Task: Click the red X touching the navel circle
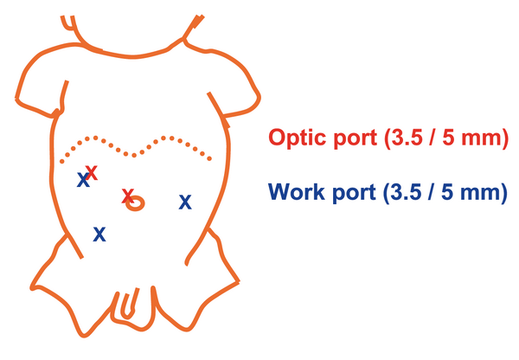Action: (128, 196)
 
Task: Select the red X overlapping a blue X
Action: (92, 172)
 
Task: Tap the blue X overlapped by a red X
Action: (83, 179)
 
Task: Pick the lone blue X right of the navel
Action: (185, 202)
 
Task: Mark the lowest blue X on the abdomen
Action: (99, 234)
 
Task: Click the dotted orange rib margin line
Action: (135, 155)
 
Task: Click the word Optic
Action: (298, 138)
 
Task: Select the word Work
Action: (297, 191)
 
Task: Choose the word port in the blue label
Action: (354, 193)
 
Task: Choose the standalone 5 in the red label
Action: (449, 137)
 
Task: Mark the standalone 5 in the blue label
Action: (448, 191)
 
